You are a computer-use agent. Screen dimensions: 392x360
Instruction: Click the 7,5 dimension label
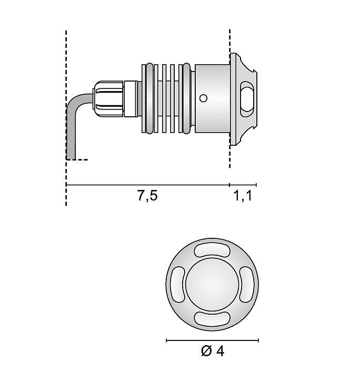click(147, 196)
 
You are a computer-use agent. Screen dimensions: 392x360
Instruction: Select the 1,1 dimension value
click(243, 196)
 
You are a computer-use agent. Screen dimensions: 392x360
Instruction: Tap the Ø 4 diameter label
click(213, 351)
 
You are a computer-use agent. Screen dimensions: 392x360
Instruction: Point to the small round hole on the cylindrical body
click(204, 98)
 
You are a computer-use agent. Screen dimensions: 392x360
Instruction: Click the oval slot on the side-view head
click(246, 98)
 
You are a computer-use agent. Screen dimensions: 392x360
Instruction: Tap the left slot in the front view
click(177, 284)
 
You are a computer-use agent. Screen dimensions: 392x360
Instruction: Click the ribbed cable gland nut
click(109, 98)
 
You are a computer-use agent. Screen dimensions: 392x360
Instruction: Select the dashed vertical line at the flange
click(230, 42)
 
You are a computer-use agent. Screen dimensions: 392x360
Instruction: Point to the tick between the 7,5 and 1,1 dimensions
click(230, 185)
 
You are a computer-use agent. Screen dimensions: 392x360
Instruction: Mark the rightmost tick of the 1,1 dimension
click(256, 185)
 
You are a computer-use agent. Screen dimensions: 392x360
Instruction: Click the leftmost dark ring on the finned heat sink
click(150, 98)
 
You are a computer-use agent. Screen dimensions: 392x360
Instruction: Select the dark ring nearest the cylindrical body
click(186, 98)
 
